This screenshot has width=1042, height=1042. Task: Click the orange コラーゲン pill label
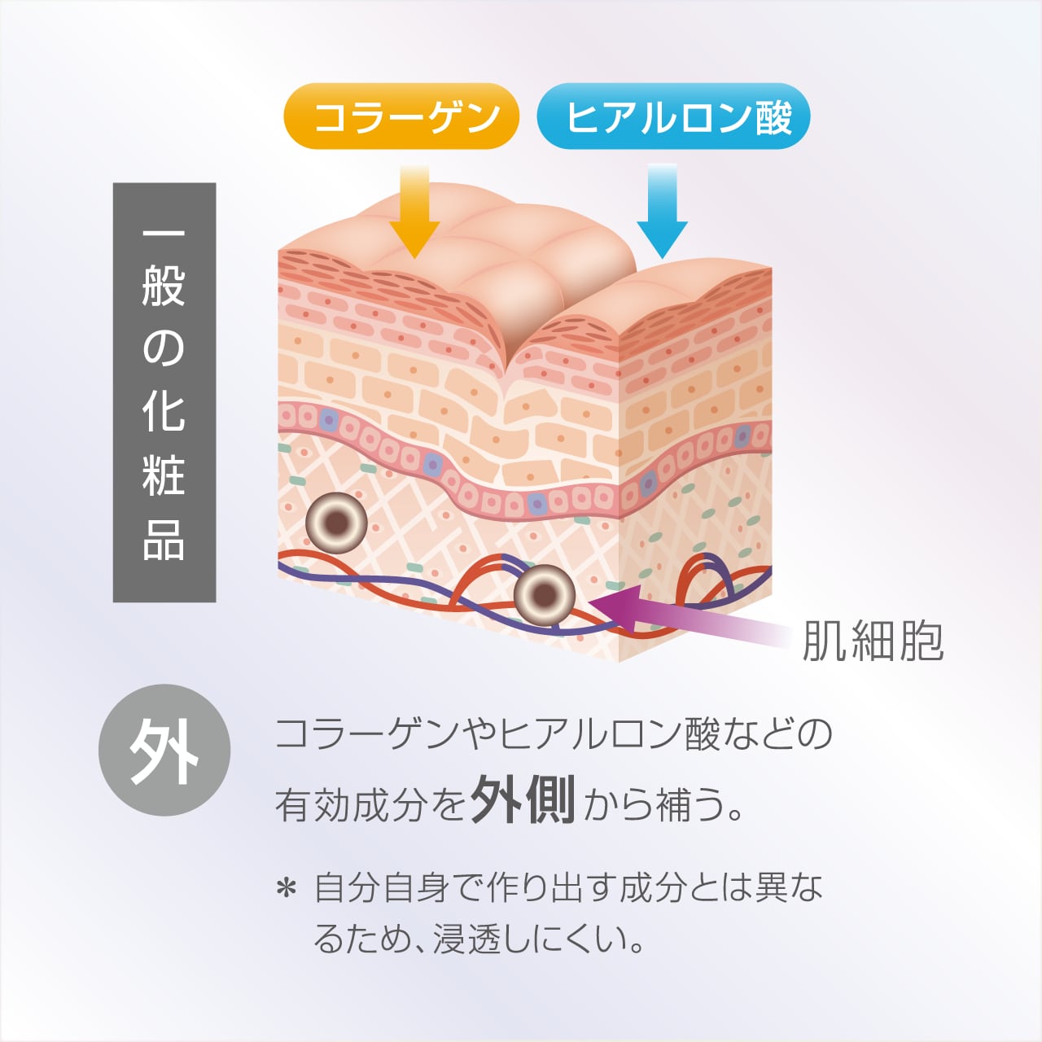pyautogui.click(x=401, y=116)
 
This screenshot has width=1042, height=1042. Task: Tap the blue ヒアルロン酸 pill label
pyautogui.click(x=673, y=116)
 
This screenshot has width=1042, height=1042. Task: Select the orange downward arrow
pyautogui.click(x=414, y=212)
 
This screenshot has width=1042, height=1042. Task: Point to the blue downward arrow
pyautogui.click(x=662, y=212)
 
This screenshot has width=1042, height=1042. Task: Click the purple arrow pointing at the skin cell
pyautogui.click(x=687, y=616)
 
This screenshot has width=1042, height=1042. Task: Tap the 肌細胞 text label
pyautogui.click(x=873, y=641)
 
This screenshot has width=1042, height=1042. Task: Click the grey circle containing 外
pyautogui.click(x=164, y=750)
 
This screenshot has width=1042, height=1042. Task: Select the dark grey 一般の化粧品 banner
pyautogui.click(x=164, y=392)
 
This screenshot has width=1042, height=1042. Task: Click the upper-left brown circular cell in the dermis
pyautogui.click(x=336, y=523)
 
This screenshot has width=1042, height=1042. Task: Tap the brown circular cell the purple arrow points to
pyautogui.click(x=544, y=595)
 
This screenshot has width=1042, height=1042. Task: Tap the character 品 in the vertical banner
pyautogui.click(x=164, y=540)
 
